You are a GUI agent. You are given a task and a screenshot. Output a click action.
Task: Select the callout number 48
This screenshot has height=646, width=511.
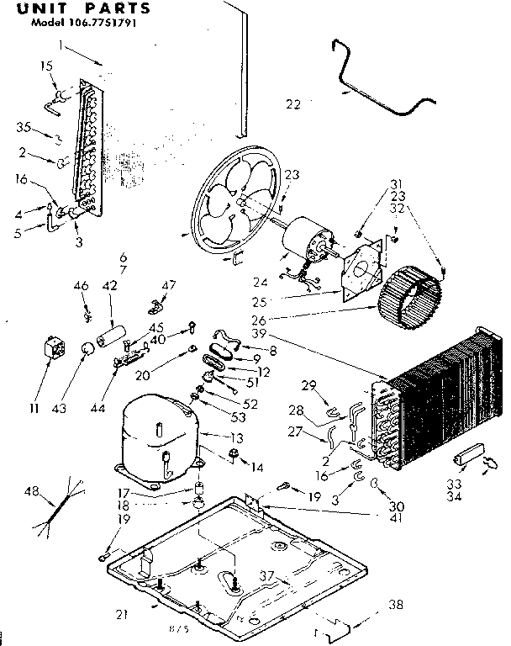(32, 492)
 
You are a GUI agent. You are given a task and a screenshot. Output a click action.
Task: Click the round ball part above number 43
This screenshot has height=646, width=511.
(86, 349)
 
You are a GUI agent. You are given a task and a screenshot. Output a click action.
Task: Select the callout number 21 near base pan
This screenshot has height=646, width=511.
(123, 614)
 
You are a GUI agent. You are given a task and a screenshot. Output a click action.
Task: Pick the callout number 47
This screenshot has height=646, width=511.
(170, 287)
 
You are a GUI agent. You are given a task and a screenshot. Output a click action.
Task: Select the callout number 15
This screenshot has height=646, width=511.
(46, 66)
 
